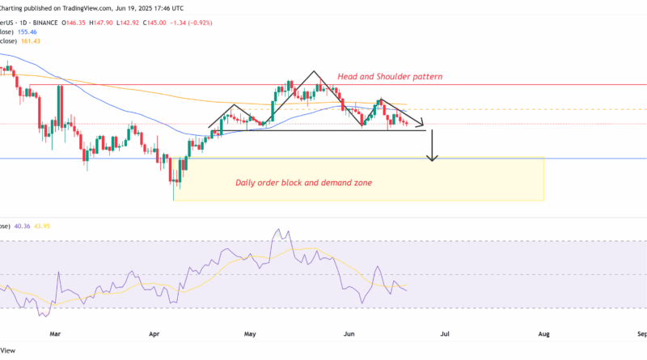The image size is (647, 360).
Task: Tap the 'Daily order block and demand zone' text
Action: [x=303, y=183]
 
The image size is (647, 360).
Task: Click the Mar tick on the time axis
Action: [x=55, y=332]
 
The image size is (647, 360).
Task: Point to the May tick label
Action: [x=252, y=332]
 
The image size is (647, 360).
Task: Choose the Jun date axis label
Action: [x=349, y=332]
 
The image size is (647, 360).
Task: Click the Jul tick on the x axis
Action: [x=446, y=332]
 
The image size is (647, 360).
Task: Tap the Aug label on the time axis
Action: [x=544, y=332]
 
